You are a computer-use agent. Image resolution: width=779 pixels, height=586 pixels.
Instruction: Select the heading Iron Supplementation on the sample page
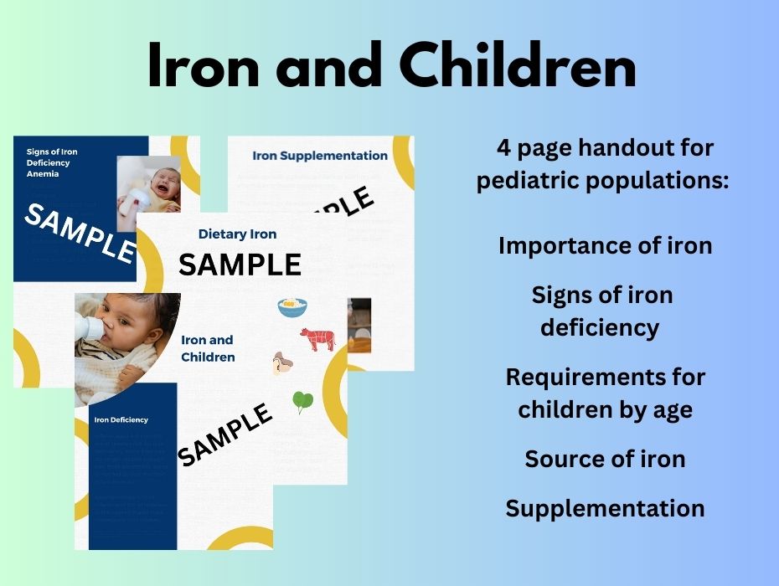(320, 156)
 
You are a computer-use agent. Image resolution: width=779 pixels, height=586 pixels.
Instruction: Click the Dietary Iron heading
(237, 234)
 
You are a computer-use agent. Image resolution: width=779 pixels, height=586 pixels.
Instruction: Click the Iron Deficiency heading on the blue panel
(121, 420)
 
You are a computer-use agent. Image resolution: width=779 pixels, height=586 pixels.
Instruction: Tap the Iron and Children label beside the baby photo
(208, 348)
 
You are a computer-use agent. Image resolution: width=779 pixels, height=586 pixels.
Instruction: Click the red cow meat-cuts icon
(317, 339)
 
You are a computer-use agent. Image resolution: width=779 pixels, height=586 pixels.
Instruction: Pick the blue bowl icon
(292, 307)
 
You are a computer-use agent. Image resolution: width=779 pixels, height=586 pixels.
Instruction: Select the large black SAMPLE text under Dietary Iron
(240, 265)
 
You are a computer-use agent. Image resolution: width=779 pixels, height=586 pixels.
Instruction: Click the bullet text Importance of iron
(605, 246)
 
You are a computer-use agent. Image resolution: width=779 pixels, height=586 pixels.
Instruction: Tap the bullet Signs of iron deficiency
(601, 311)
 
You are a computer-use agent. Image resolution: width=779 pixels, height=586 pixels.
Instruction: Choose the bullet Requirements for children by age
(605, 393)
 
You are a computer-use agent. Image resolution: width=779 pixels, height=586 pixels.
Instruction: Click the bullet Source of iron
(605, 459)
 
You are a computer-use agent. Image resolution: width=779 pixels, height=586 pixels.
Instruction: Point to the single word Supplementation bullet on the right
(605, 508)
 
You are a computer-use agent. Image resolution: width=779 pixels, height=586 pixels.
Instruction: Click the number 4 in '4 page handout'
(503, 149)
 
